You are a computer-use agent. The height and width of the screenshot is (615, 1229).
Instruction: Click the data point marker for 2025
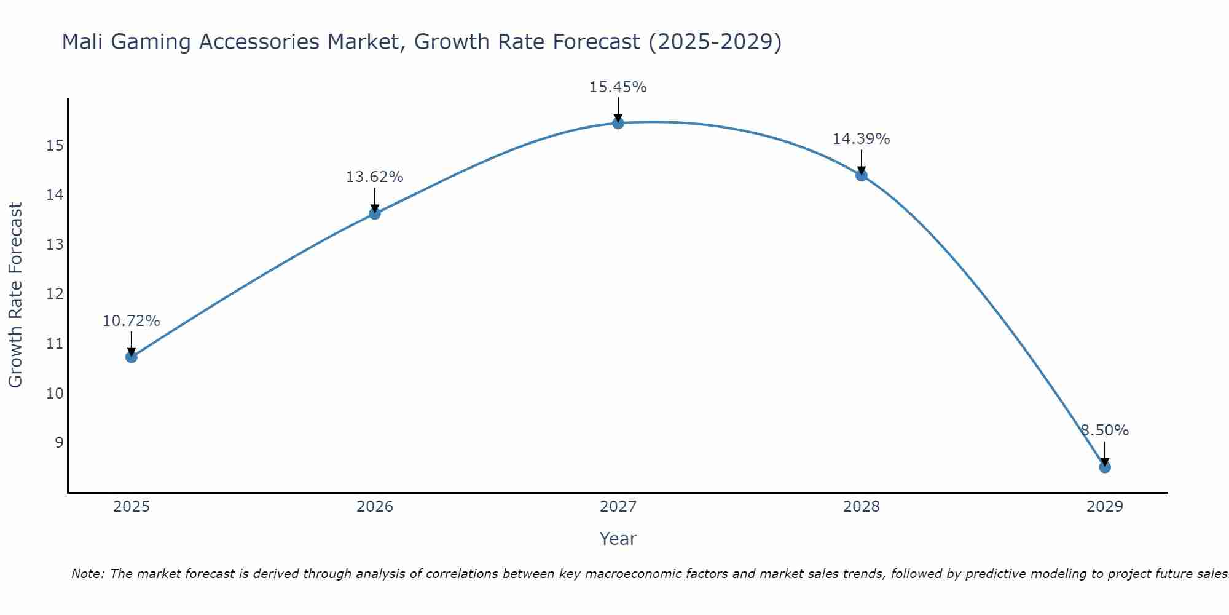pyautogui.click(x=131, y=357)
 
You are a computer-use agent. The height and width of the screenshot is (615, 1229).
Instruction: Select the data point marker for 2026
pyautogui.click(x=374, y=213)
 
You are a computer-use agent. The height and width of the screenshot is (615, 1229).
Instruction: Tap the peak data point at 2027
pyautogui.click(x=618, y=123)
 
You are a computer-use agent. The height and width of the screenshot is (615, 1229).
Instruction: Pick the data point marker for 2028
pyautogui.click(x=861, y=175)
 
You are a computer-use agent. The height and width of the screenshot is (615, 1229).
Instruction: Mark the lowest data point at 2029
pyautogui.click(x=1104, y=467)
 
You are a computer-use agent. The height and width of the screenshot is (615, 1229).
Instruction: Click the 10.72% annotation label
pyautogui.click(x=131, y=321)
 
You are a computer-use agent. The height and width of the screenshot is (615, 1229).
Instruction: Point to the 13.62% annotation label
pyautogui.click(x=374, y=177)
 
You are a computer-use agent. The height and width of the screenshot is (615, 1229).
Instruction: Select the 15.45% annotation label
pyautogui.click(x=618, y=87)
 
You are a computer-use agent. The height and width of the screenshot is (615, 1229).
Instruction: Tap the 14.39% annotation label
pyautogui.click(x=861, y=139)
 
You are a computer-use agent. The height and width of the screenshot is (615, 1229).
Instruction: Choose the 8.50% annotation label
pyautogui.click(x=1104, y=430)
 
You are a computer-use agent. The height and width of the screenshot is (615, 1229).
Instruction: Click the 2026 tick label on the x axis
pyautogui.click(x=375, y=507)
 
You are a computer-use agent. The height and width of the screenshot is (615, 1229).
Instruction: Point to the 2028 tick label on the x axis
pyautogui.click(x=861, y=507)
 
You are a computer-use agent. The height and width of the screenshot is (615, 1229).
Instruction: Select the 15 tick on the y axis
pyautogui.click(x=55, y=146)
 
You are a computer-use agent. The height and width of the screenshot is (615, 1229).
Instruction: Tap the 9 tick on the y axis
pyautogui.click(x=59, y=443)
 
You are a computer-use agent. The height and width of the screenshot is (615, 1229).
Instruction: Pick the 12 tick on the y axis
pyautogui.click(x=55, y=294)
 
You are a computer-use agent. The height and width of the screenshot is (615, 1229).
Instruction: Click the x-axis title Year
pyautogui.click(x=618, y=539)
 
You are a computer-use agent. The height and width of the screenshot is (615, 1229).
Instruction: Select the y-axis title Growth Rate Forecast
pyautogui.click(x=15, y=295)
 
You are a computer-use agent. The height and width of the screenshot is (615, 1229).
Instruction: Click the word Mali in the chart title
pyautogui.click(x=82, y=42)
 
